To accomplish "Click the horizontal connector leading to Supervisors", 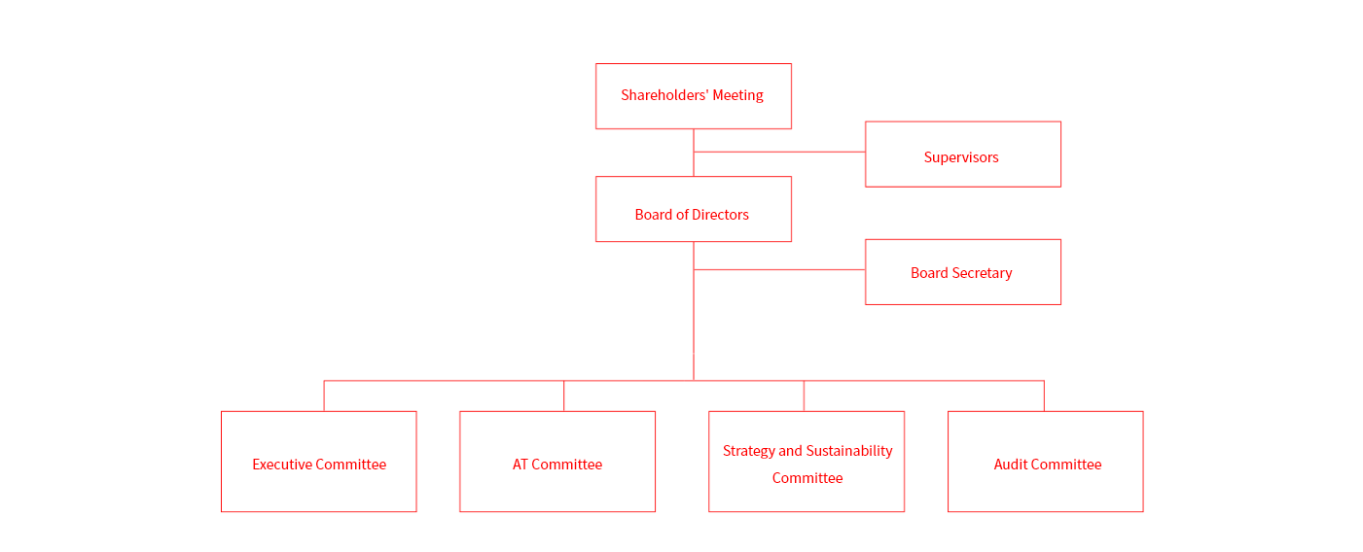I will (778, 152).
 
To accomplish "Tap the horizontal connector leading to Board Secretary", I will (778, 269).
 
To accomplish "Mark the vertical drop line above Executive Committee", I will (324, 396).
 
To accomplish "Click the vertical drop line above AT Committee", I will (564, 396).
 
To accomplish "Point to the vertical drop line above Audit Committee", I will (1044, 396).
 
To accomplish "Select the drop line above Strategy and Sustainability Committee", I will (804, 396).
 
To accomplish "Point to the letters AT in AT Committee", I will (521, 465).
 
